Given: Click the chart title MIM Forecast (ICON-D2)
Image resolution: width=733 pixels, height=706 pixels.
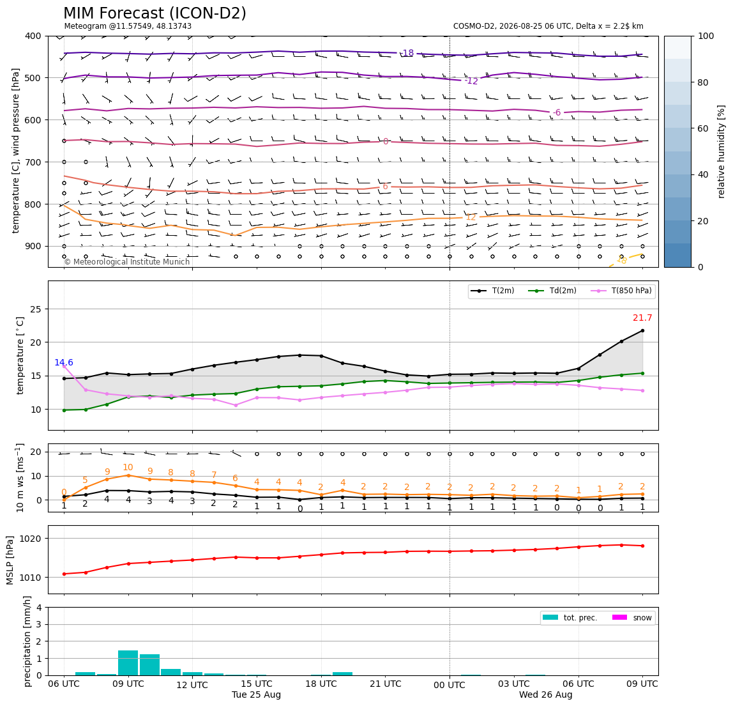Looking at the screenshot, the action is point(155,13).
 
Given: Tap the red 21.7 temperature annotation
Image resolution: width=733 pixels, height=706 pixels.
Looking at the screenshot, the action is point(642,318).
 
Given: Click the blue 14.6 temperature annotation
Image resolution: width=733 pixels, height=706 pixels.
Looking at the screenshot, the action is point(64,363).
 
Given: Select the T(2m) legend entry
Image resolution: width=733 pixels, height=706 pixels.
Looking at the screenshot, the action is point(492,291).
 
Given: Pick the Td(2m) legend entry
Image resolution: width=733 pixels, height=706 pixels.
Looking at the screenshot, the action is point(552,291).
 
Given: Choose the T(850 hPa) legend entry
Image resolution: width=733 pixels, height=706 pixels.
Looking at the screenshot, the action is point(621,291).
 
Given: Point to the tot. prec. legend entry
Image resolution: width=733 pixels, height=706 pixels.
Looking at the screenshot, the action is point(570,618).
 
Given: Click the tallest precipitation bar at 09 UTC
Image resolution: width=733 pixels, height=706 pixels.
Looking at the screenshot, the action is point(128,663).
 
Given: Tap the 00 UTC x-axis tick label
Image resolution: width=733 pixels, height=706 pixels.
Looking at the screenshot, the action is point(450,686).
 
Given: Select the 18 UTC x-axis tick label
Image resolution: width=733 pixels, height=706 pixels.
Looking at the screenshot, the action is point(321,684).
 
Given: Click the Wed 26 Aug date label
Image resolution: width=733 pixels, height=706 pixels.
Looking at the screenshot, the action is point(545,694).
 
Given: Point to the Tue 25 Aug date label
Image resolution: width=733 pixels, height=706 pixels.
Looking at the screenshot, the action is point(256,694).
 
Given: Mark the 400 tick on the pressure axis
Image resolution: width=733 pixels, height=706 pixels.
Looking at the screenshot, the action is point(34,36).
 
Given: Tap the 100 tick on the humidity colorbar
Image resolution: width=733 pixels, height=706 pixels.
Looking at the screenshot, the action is point(706,36).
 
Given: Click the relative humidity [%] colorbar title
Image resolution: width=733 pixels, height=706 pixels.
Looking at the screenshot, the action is point(722,152).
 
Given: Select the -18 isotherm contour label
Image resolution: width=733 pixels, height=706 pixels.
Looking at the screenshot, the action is point(407,53).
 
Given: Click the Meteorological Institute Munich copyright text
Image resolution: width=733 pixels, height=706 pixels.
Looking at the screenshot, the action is point(126,261).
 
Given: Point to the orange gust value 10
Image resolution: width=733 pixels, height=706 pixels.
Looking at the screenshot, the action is point(128,468).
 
